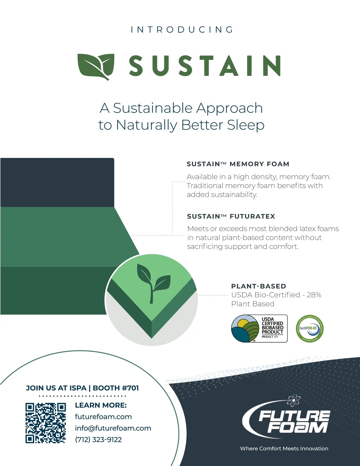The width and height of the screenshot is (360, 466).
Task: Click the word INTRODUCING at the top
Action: [182, 30]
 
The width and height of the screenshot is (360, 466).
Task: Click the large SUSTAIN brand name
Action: [205, 66]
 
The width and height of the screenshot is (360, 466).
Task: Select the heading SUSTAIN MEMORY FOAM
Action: [238, 164]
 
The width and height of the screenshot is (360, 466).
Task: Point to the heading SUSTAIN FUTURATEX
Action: [231, 216]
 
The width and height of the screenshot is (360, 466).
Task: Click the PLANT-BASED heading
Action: [259, 286]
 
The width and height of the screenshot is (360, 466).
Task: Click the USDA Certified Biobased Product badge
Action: [259, 329]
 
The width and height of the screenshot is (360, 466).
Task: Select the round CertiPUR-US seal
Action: [310, 329]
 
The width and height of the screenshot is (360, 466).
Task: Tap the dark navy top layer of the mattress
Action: [57, 182]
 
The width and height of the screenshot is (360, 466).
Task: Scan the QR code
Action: [46, 423]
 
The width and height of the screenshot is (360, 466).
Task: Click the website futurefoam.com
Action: [103, 417]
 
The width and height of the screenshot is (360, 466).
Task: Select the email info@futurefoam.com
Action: [113, 428]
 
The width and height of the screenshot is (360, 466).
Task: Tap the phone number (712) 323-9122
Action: [98, 440]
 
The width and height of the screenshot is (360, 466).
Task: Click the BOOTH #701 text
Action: [116, 388]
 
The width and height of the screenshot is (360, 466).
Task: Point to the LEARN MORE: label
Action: [101, 405]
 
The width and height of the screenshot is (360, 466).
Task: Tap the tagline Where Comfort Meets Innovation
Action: [284, 448]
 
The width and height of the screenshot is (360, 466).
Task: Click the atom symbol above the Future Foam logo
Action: [293, 400]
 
